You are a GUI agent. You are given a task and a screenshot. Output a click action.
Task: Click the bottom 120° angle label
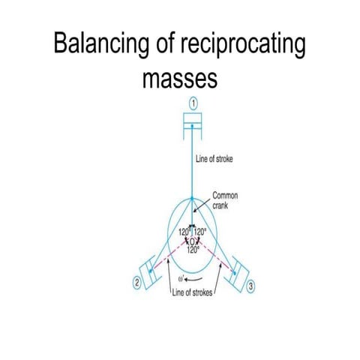click(x=192, y=250)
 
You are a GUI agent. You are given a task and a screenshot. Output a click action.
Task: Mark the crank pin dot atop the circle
click(x=191, y=199)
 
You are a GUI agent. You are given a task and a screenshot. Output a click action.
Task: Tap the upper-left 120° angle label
click(x=183, y=232)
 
